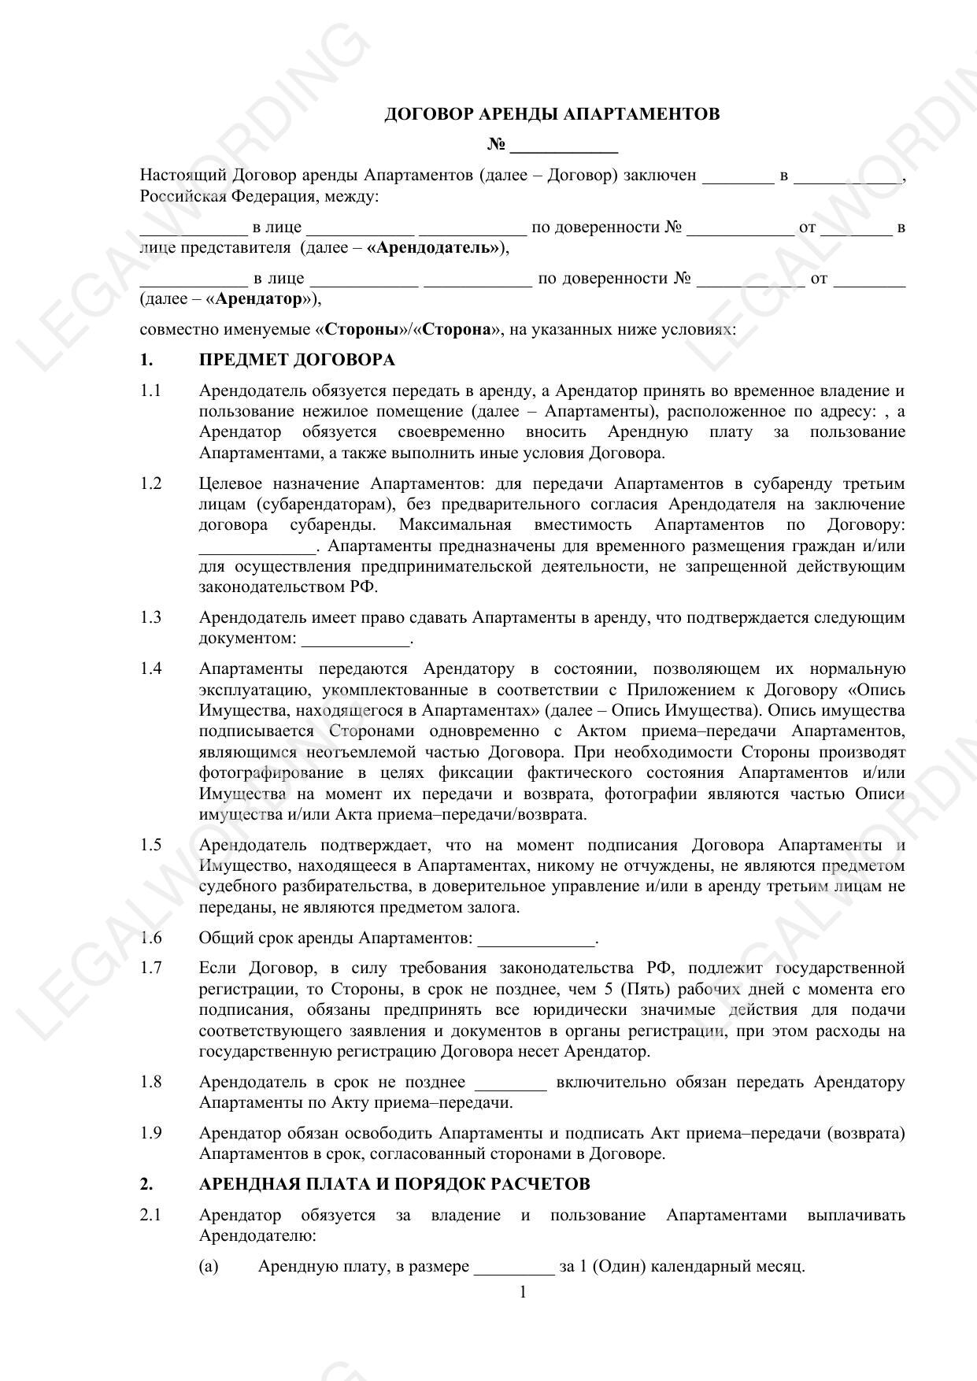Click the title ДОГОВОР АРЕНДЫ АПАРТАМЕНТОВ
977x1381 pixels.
coord(551,114)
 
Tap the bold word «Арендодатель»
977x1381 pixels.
coord(434,248)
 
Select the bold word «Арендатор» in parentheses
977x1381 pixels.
coord(258,299)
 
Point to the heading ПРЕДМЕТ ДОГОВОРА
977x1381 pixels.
coord(297,360)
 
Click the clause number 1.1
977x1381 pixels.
coord(150,391)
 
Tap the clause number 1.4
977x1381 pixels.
coord(150,668)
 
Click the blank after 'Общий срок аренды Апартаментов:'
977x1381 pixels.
coord(536,939)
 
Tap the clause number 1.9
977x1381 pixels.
coord(150,1133)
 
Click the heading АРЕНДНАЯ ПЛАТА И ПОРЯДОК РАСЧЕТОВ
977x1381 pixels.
coord(394,1184)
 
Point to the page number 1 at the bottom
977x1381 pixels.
coord(522,1292)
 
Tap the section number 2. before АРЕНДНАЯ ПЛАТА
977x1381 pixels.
coord(146,1184)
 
